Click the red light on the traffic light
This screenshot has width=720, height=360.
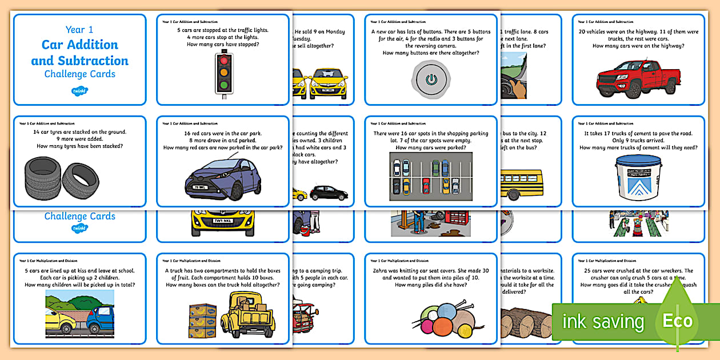223,60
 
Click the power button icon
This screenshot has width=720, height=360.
431,79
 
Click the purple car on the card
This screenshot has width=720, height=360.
223,180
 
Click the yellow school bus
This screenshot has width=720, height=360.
523,182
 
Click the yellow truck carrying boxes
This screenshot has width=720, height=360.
247,314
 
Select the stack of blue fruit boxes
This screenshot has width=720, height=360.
202,320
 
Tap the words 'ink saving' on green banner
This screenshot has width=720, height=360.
603,321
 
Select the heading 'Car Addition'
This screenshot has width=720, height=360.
79,45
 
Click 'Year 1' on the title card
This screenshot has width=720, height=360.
79,29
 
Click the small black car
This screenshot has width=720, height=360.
329,192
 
